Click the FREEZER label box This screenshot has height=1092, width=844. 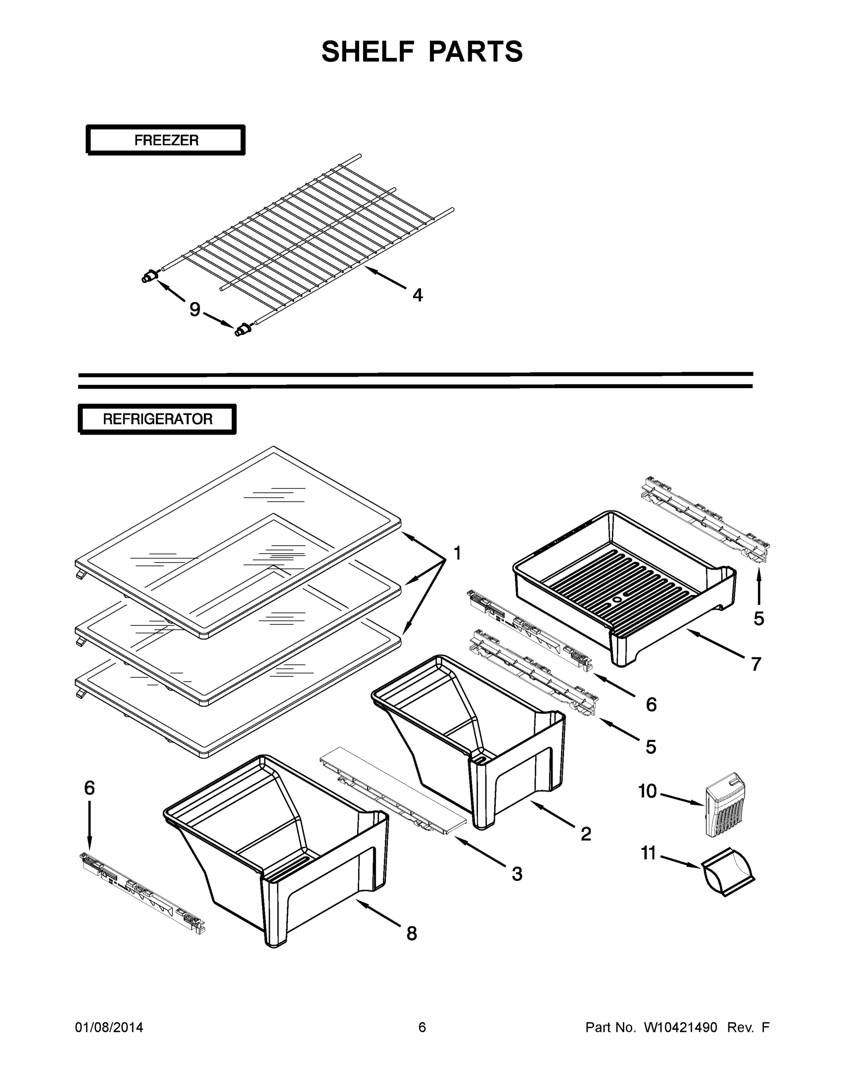[166, 140]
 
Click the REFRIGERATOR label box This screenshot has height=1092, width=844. [157, 419]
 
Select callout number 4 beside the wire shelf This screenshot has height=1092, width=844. [418, 295]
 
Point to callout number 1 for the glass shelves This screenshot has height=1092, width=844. [457, 553]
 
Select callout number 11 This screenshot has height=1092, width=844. [648, 853]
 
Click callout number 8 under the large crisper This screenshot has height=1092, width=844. [411, 933]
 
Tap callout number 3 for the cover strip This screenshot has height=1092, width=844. [517, 874]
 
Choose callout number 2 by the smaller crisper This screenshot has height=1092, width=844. [586, 834]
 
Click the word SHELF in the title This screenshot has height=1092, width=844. [368, 51]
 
